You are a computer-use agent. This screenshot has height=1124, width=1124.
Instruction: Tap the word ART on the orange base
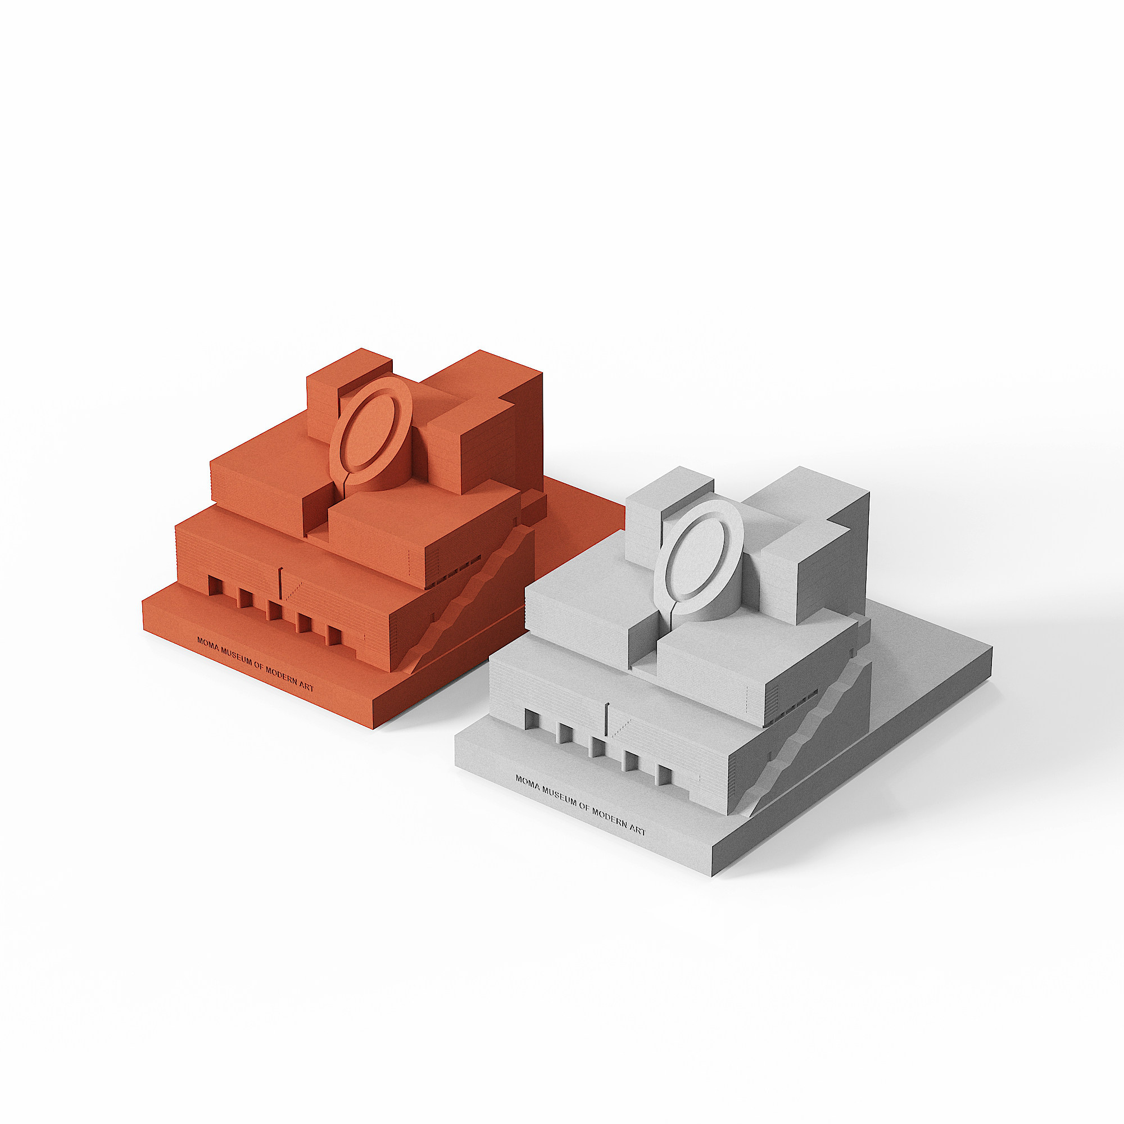tap(306, 687)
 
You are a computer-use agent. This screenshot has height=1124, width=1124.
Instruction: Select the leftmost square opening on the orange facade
tap(214, 584)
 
